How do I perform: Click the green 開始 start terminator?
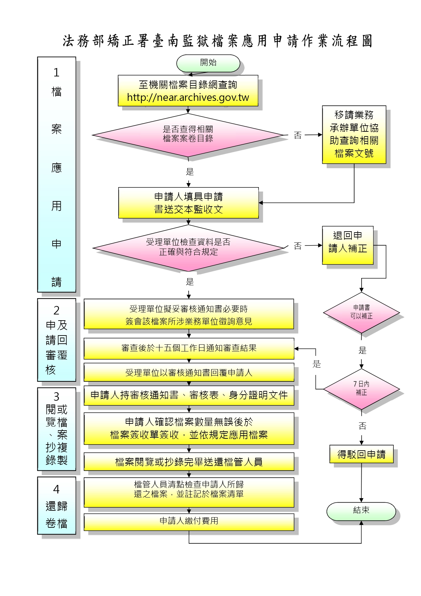click(208, 63)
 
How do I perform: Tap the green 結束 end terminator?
click(361, 511)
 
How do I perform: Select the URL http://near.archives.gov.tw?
click(188, 98)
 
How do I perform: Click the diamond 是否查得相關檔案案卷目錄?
click(188, 134)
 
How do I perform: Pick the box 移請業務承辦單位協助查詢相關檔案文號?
click(354, 134)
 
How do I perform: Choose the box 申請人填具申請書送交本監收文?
click(188, 203)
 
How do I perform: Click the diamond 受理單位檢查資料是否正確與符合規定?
click(188, 247)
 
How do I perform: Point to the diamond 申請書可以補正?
click(361, 312)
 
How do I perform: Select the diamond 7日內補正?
click(361, 388)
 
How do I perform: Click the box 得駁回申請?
click(361, 454)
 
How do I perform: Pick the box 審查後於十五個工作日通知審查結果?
click(189, 348)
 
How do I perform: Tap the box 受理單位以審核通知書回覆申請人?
click(189, 373)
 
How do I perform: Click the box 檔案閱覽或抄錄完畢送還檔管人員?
click(189, 462)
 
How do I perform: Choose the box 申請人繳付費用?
click(189, 521)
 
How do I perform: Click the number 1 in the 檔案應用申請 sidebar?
click(56, 73)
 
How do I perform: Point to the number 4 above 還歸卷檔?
click(56, 489)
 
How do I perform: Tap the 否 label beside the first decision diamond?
click(298, 135)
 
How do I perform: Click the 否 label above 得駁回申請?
click(362, 426)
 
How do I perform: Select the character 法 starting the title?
click(68, 41)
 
